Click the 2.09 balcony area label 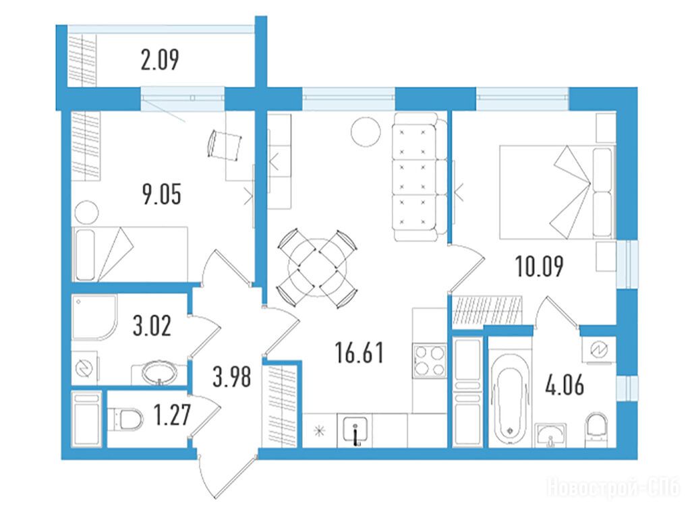pyautogui.click(x=160, y=60)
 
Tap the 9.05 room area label pyautogui.click(x=162, y=194)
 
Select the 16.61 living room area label pyautogui.click(x=359, y=353)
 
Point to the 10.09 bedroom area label pyautogui.click(x=540, y=266)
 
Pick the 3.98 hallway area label pyautogui.click(x=231, y=377)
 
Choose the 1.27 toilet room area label pyautogui.click(x=172, y=415)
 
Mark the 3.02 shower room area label pyautogui.click(x=152, y=326)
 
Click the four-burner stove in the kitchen pyautogui.click(x=430, y=361)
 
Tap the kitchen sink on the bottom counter pyautogui.click(x=355, y=430)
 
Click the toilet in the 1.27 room pyautogui.click(x=126, y=419)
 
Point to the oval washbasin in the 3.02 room pyautogui.click(x=159, y=373)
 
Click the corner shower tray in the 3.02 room pyautogui.click(x=94, y=318)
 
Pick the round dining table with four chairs pyautogui.click(x=317, y=268)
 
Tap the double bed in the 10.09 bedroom pyautogui.click(x=557, y=193)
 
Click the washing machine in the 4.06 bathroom pyautogui.click(x=599, y=350)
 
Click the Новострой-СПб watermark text pyautogui.click(x=613, y=488)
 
